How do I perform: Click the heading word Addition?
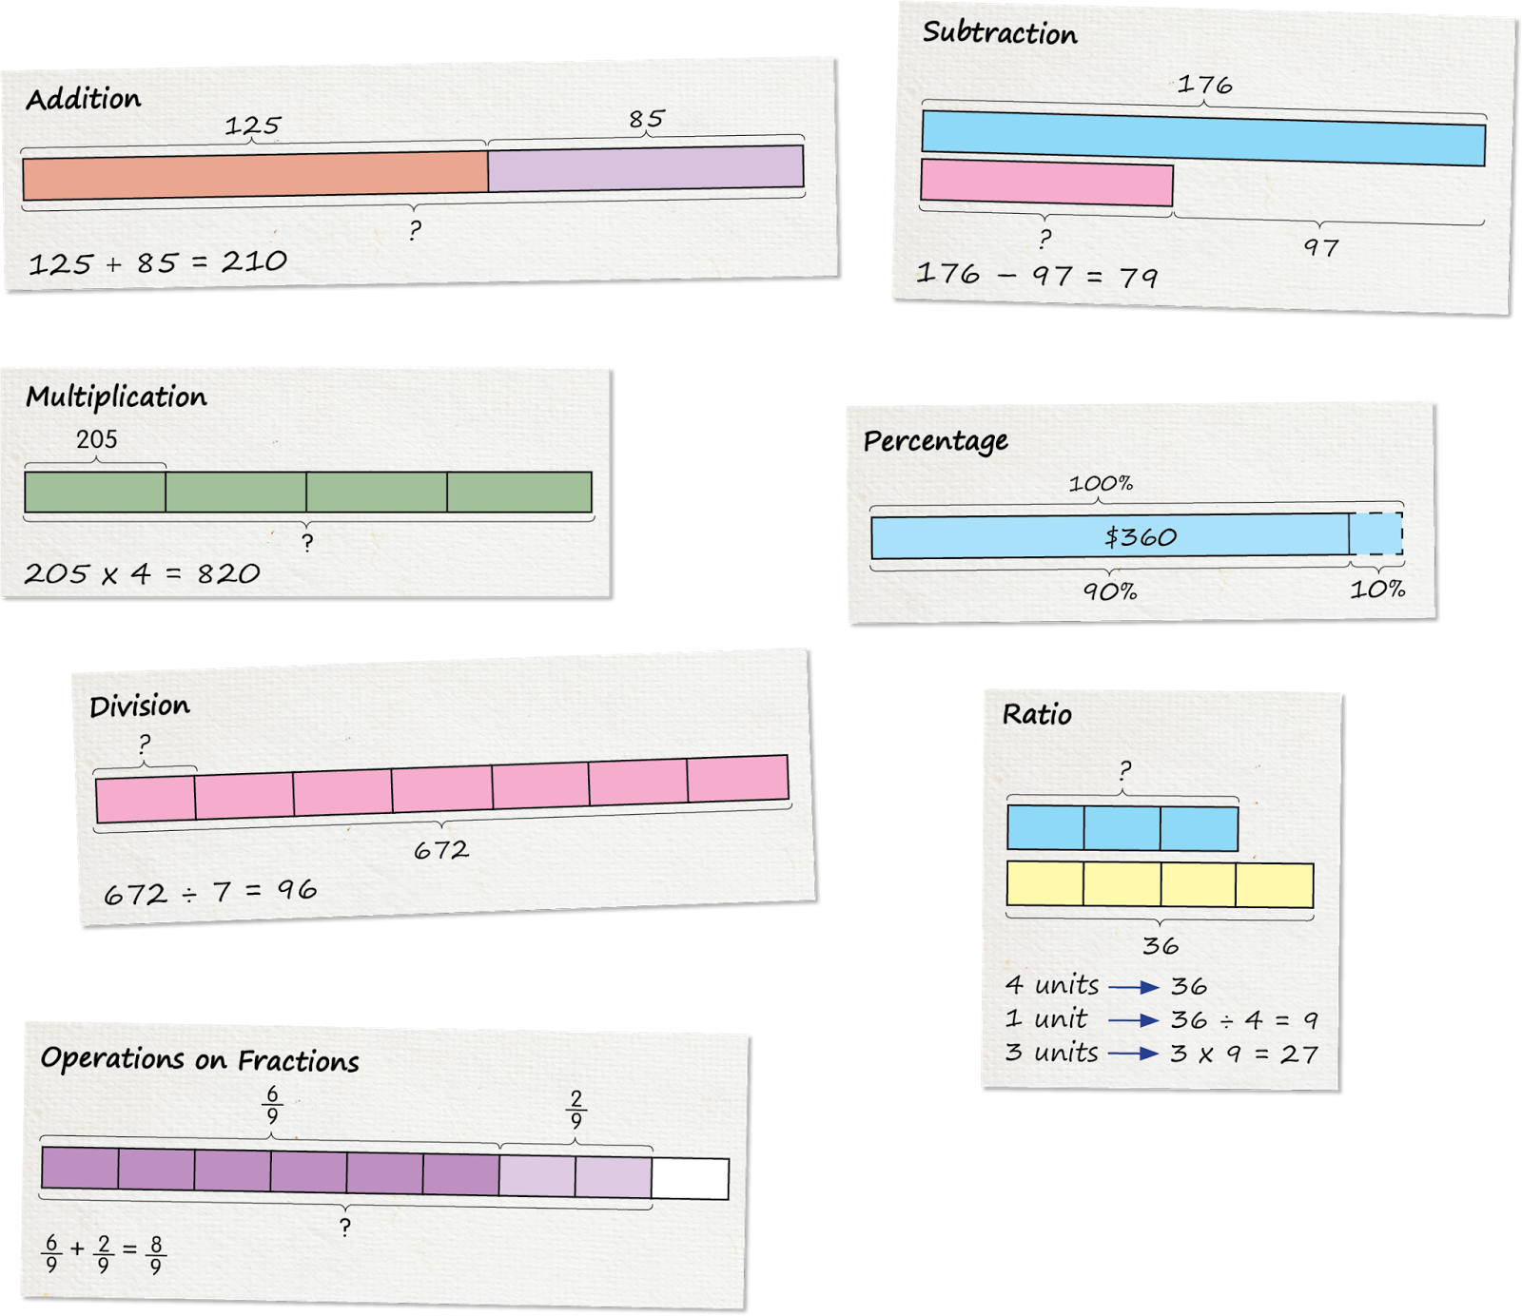(x=84, y=99)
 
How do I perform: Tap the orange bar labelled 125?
(x=255, y=176)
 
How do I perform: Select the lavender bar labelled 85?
(x=646, y=168)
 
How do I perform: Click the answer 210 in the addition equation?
(x=254, y=261)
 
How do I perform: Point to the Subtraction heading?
(x=1000, y=33)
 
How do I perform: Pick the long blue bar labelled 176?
(x=1203, y=139)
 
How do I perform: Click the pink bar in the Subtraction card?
(x=1046, y=183)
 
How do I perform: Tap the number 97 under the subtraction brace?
(x=1321, y=247)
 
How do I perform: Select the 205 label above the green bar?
(x=97, y=439)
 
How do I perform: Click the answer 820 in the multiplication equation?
(x=228, y=573)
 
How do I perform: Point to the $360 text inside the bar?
(x=1141, y=537)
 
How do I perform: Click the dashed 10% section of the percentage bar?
(x=1376, y=534)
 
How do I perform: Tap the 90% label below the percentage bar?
(x=1110, y=591)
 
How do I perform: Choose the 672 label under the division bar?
(x=441, y=850)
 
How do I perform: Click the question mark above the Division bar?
(x=144, y=744)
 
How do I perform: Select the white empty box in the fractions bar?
(x=691, y=1179)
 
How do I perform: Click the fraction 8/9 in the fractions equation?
(x=156, y=1255)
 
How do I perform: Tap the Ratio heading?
(x=1037, y=714)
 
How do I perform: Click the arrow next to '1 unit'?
(x=1134, y=1020)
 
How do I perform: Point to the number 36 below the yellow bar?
(x=1161, y=946)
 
